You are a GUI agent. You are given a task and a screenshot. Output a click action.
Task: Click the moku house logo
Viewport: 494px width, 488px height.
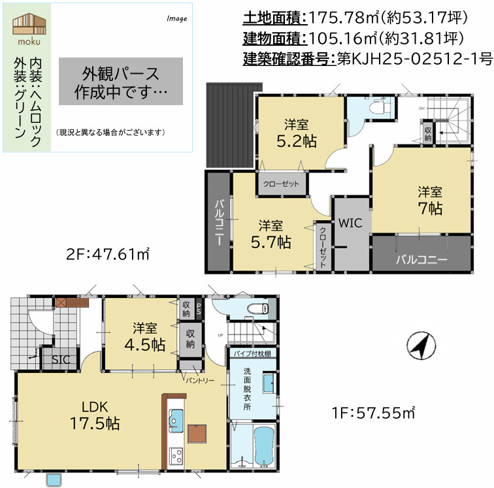tap(27, 27)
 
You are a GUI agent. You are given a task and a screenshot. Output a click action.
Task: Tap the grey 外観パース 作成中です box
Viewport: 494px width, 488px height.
tap(121, 81)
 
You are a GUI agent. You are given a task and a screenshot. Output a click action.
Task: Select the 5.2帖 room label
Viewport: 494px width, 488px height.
tap(301, 133)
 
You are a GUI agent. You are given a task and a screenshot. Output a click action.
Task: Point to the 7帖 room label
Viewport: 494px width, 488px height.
tap(431, 201)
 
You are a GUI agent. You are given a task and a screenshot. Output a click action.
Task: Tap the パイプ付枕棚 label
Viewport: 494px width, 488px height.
tap(251, 353)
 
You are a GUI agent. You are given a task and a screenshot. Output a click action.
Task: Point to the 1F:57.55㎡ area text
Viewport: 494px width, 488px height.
tap(373, 413)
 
